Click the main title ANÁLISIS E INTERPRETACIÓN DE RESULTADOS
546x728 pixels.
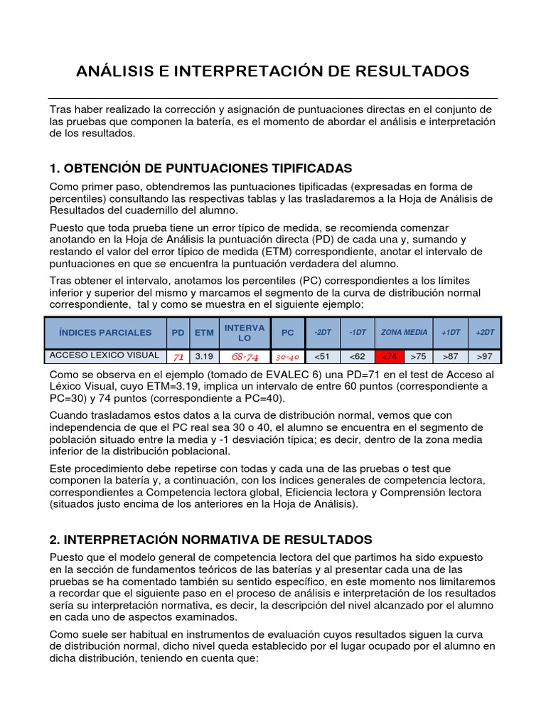pyautogui.click(x=272, y=71)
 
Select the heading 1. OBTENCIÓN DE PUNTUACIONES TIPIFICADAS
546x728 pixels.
pyautogui.click(x=201, y=168)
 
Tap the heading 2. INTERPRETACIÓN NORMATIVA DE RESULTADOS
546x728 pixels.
pyautogui.click(x=211, y=540)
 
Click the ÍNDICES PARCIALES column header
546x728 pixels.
pyautogui.click(x=105, y=333)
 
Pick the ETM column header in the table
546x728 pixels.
pyautogui.click(x=204, y=333)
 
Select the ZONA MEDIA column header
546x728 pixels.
pyautogui.click(x=404, y=333)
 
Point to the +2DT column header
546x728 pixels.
pyautogui.click(x=484, y=333)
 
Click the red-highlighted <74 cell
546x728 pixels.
pyautogui.click(x=390, y=357)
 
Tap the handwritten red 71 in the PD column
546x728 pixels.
pyautogui.click(x=178, y=357)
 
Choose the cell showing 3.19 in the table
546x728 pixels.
pyautogui.click(x=204, y=357)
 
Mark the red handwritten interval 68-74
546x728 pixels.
pyautogui.click(x=245, y=357)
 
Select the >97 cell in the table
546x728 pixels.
pyautogui.click(x=484, y=357)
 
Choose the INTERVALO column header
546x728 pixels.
pyautogui.click(x=245, y=333)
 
